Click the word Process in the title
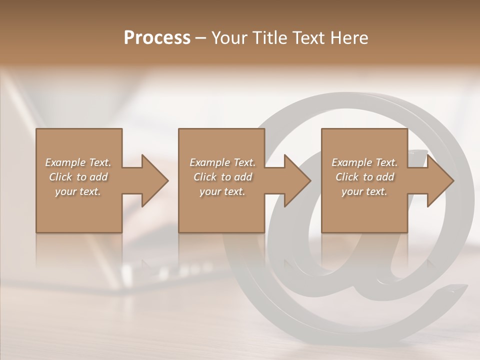157,38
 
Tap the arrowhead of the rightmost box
439,180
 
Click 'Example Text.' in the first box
78,162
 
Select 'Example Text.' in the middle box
222,162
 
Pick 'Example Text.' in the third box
364,162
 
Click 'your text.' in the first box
78,191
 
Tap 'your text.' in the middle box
222,191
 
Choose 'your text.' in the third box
364,191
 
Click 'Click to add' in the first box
78,177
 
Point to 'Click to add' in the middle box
222,177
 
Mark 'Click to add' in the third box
364,177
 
